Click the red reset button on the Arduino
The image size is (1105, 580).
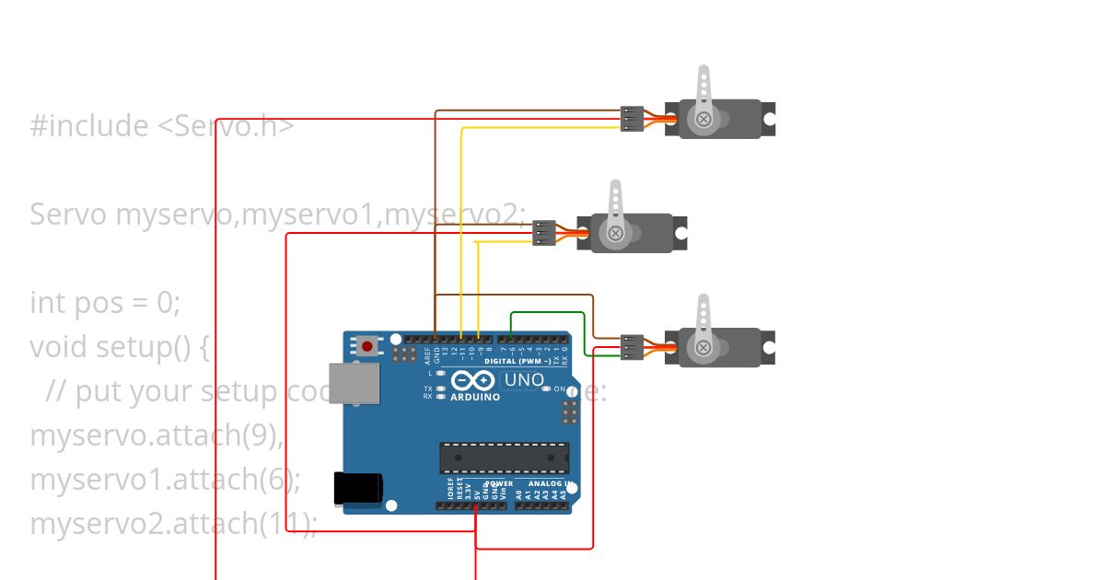coord(367,347)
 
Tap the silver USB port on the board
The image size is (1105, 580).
coord(355,383)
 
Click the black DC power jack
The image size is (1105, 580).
coord(358,488)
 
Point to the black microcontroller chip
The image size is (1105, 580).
coord(504,458)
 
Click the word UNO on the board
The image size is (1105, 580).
coord(525,379)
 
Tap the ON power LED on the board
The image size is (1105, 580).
coord(547,389)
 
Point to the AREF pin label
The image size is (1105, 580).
coord(426,355)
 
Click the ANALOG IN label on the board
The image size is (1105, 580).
coord(550,483)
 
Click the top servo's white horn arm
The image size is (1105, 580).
coord(704,87)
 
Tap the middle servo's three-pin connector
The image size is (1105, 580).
coord(543,233)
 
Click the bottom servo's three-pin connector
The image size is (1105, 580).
coord(632,347)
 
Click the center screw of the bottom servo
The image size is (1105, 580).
coord(704,347)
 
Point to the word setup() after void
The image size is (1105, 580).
coord(153,347)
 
